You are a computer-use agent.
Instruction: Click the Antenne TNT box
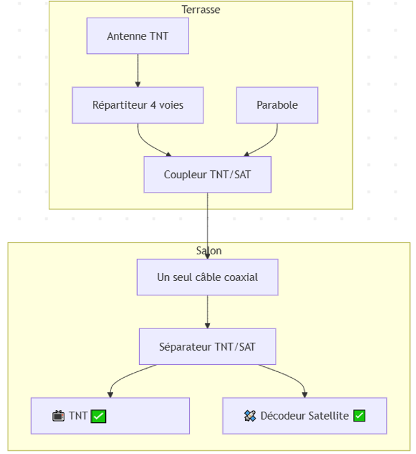138,36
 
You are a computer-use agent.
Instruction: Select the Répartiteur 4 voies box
138,105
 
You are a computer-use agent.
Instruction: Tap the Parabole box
277,105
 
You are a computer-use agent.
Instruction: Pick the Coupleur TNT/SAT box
207,174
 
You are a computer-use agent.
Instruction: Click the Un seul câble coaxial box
207,277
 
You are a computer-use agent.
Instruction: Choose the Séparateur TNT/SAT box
207,347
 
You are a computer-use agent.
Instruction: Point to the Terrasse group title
201,10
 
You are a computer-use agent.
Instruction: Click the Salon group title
209,250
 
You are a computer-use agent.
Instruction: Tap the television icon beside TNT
58,416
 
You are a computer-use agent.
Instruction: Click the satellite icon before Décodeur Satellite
250,416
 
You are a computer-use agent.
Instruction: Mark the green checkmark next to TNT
98,416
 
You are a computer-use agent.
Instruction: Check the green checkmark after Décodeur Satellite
359,416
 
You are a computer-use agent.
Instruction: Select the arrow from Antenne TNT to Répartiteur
138,70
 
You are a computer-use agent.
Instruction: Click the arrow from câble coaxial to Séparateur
207,312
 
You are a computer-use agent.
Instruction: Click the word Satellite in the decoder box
328,416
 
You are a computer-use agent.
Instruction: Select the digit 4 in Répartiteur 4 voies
153,105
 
